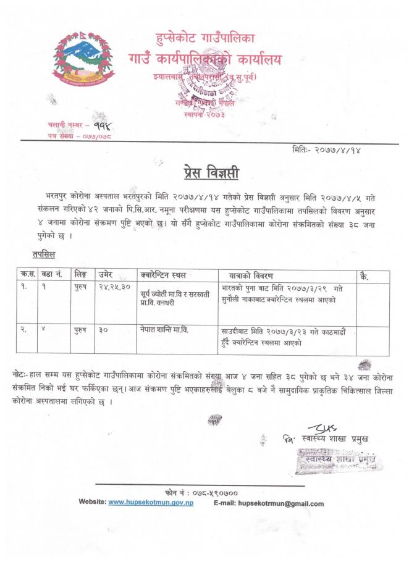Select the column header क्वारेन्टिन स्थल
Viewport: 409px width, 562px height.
tap(163, 275)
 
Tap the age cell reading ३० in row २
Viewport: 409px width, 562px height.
tap(103, 330)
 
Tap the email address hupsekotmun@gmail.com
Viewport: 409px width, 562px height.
tap(280, 503)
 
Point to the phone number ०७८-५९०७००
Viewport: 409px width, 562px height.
tap(211, 493)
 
